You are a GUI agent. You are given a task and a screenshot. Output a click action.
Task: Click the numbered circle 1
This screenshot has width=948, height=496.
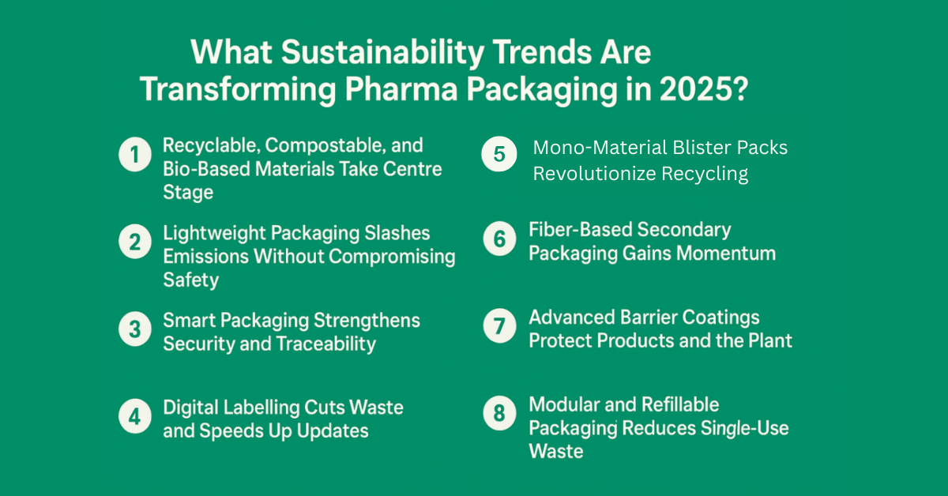[135, 155]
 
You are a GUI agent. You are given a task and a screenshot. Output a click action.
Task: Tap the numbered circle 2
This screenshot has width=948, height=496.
[135, 242]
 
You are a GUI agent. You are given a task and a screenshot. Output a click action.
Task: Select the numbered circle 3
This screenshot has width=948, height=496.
[135, 329]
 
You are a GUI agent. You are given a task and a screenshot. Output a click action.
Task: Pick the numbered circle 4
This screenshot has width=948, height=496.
[135, 416]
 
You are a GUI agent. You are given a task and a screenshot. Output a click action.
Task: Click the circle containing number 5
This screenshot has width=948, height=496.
[499, 154]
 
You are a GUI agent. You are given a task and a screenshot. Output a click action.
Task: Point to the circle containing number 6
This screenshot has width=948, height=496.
[500, 239]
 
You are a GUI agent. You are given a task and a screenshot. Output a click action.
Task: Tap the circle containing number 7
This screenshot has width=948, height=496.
[500, 326]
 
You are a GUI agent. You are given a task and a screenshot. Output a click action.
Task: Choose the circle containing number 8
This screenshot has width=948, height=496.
[500, 413]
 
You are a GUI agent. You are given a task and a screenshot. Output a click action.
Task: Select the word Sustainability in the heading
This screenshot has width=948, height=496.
[382, 54]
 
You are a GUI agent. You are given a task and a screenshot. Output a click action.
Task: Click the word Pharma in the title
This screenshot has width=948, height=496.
[401, 89]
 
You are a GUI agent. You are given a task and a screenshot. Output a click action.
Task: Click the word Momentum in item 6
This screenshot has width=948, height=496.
[726, 254]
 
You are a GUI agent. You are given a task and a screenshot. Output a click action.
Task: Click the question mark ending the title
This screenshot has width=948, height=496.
[740, 88]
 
